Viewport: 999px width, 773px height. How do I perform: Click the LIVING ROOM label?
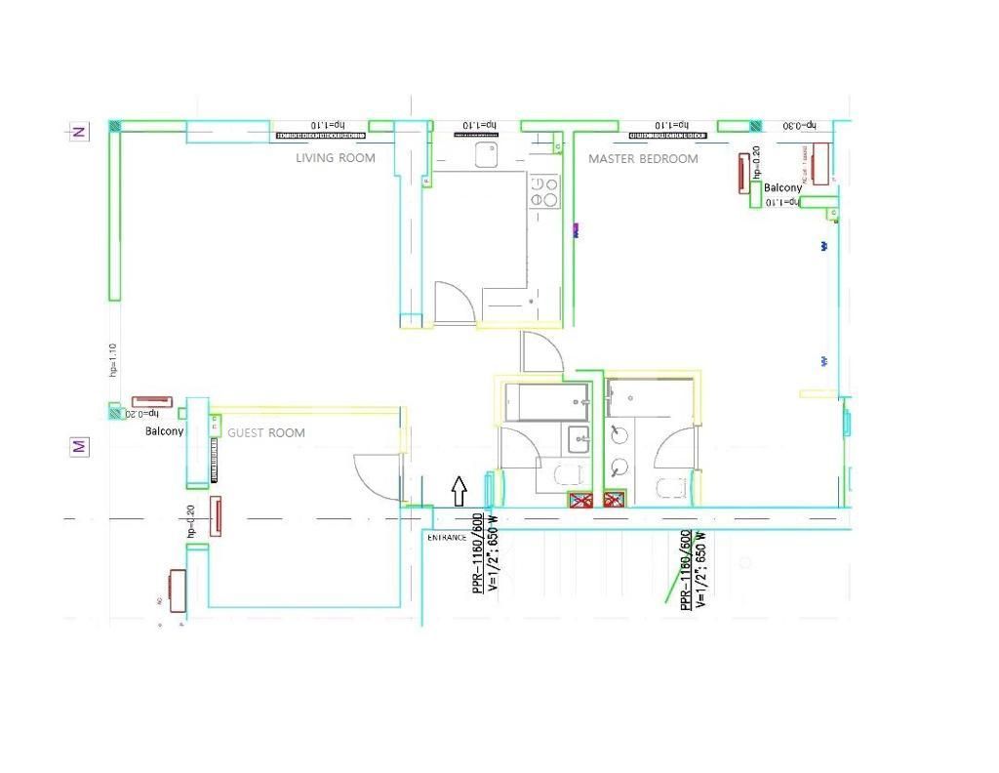335,157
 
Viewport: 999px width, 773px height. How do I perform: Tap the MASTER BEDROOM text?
643,158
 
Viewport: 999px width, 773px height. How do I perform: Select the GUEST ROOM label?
265,432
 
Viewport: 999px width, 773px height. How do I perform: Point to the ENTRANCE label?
447,538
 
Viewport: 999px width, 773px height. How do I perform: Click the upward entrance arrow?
460,490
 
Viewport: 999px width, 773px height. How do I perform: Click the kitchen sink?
487,154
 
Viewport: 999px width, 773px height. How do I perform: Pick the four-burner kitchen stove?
544,191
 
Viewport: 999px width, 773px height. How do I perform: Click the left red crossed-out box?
581,501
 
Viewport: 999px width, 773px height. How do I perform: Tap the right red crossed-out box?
614,501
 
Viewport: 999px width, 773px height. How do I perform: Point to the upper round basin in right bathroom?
619,433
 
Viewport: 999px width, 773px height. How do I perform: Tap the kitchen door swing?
454,303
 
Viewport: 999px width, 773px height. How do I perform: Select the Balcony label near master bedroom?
782,187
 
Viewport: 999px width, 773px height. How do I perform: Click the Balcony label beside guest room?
164,430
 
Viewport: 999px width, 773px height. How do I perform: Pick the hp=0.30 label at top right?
805,126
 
